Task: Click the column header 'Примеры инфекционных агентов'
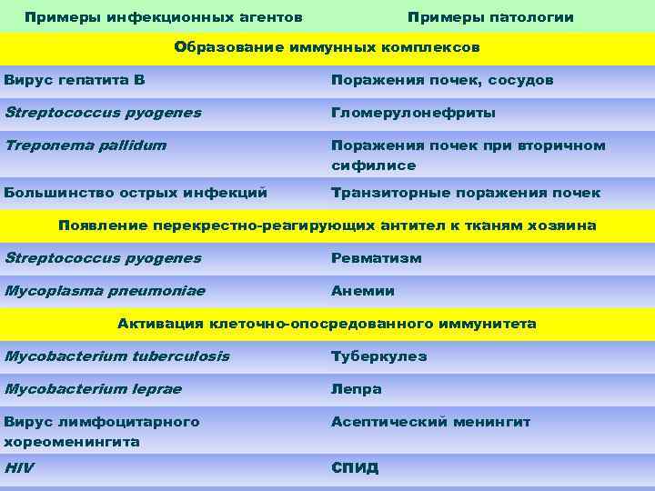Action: tap(164, 17)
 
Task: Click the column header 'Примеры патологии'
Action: tap(490, 17)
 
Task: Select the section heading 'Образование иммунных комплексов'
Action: tap(327, 47)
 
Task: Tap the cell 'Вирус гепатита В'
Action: tap(75, 80)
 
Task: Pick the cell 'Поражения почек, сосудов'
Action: tap(442, 80)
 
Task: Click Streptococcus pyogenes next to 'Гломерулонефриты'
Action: tap(103, 113)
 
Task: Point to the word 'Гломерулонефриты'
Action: tap(413, 113)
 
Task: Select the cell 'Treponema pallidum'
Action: tap(86, 145)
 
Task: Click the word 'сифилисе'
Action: tap(373, 165)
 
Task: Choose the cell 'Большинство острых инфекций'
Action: tap(136, 192)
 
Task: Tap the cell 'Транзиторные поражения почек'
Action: tap(466, 192)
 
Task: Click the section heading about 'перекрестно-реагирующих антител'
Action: tap(327, 225)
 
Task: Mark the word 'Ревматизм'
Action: tap(377, 257)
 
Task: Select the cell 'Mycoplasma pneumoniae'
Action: tap(105, 291)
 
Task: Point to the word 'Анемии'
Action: tap(363, 291)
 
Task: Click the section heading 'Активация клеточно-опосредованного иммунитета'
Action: tap(327, 324)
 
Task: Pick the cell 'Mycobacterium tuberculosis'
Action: tap(116, 356)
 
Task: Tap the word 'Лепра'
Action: tap(357, 389)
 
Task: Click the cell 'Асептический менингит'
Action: tap(430, 422)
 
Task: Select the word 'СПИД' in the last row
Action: tap(355, 468)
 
